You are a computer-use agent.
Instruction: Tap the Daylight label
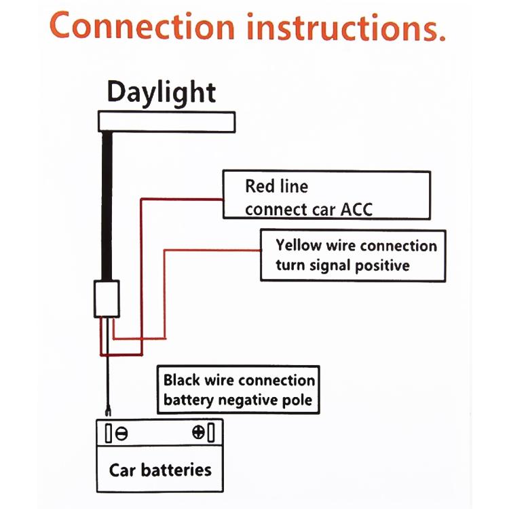162,92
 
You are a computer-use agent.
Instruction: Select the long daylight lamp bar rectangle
167,121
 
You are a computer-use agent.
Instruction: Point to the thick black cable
107,204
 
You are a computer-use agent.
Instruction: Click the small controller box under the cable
107,299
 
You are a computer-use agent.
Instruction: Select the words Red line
276,186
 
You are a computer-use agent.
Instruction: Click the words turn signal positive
343,265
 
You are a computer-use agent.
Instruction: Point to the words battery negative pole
238,400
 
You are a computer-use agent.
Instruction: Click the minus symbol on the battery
121,433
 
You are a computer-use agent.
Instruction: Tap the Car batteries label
160,469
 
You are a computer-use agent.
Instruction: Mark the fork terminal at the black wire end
107,409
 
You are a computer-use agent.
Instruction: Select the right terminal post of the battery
211,432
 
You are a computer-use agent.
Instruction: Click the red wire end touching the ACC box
221,200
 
